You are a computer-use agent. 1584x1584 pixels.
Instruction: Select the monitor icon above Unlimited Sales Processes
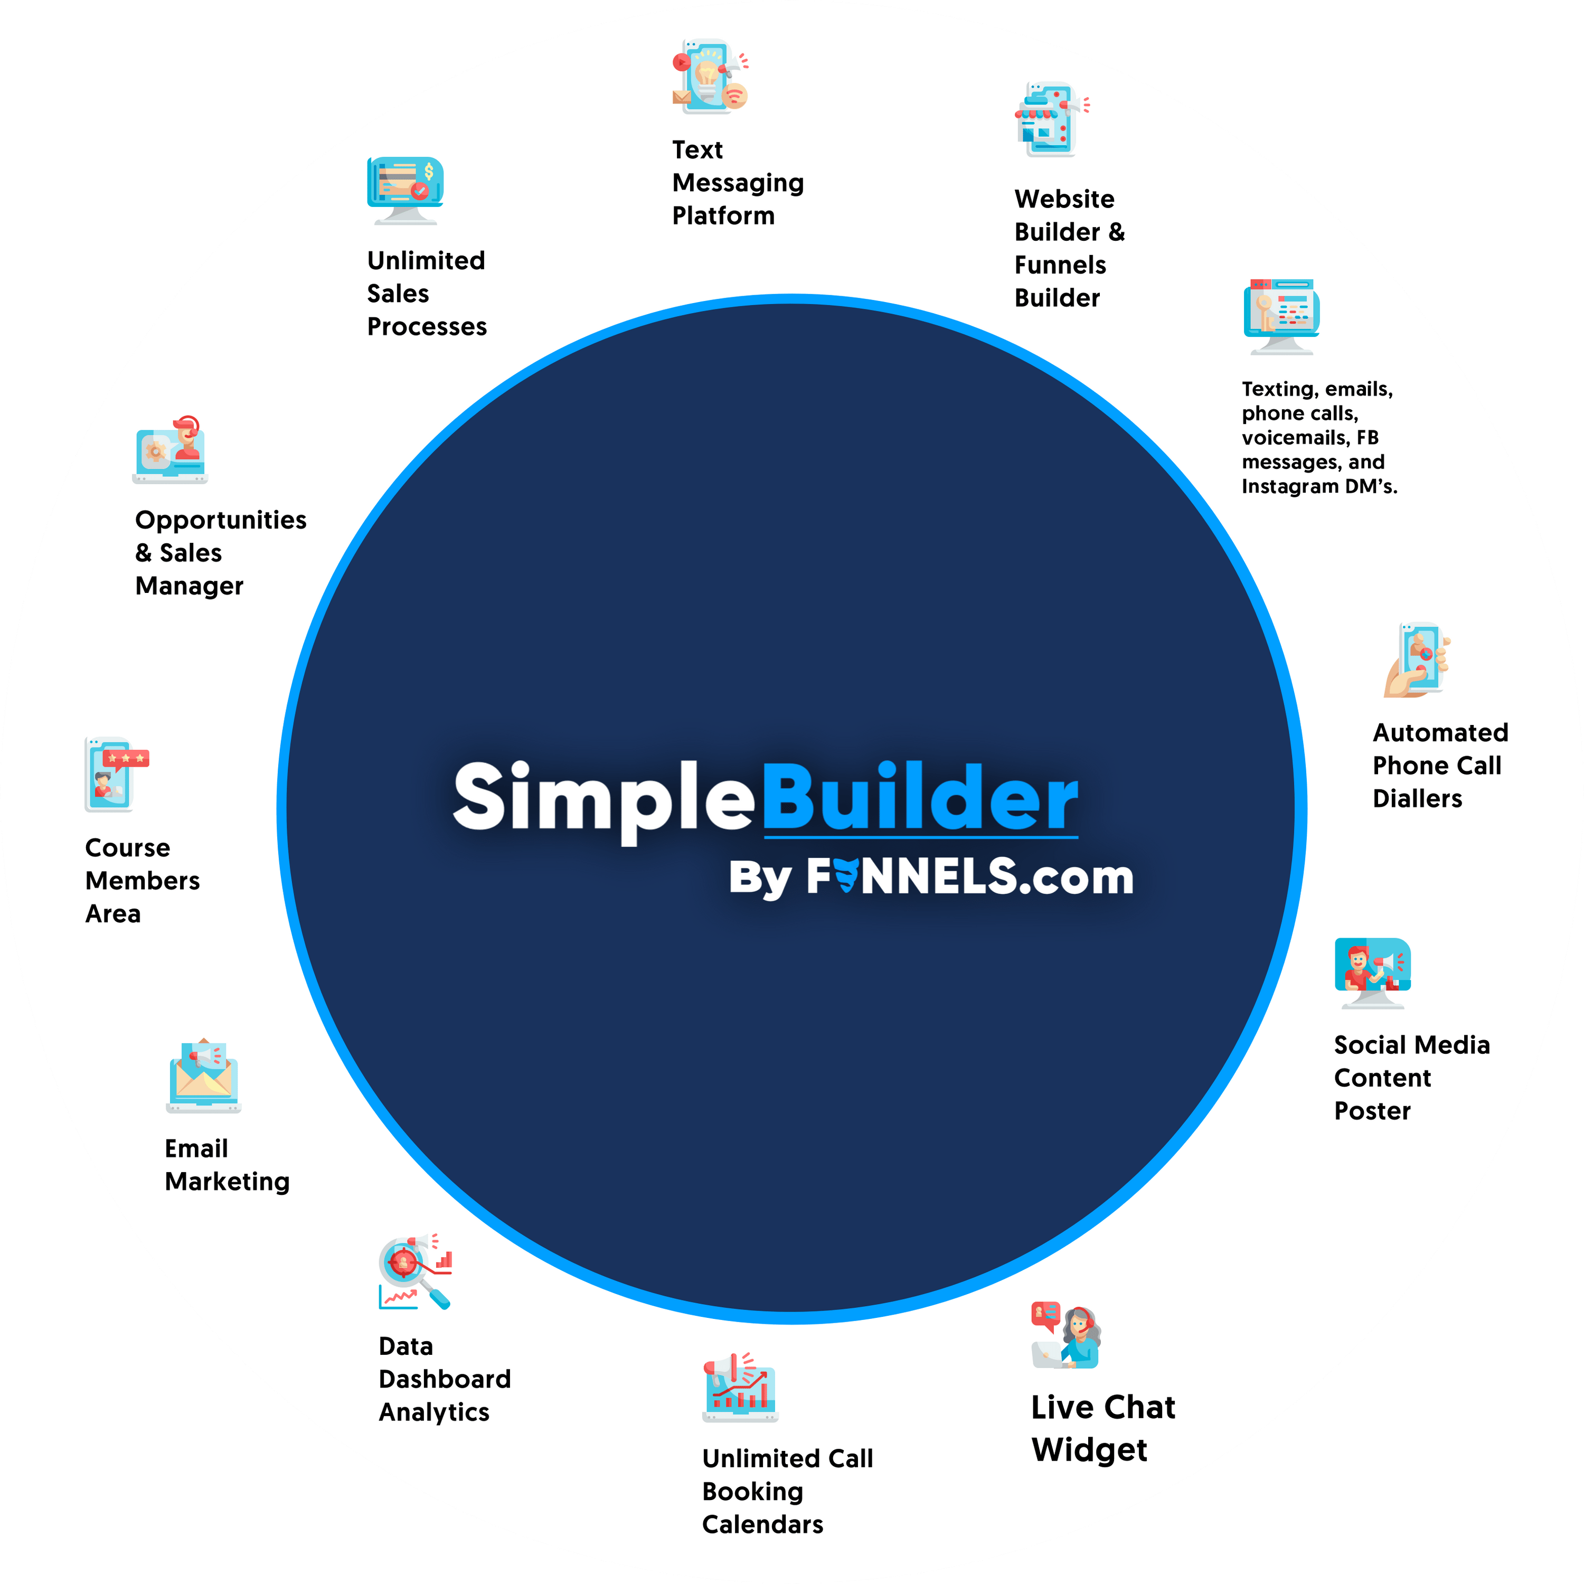[x=405, y=190]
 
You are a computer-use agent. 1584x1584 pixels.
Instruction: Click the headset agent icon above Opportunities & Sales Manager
[x=171, y=449]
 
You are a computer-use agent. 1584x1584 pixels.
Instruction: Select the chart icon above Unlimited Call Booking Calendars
[x=740, y=1387]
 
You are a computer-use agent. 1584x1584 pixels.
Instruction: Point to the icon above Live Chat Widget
[x=1066, y=1336]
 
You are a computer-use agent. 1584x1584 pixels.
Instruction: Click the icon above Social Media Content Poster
[x=1372, y=973]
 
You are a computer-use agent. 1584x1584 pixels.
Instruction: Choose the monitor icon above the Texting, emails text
[x=1280, y=316]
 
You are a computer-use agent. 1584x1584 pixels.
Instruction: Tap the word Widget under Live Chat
[x=1089, y=1449]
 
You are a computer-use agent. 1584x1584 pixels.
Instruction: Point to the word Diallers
[x=1417, y=798]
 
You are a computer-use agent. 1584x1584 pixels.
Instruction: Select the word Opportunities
[x=221, y=520]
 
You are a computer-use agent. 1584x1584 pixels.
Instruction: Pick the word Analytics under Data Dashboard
[x=433, y=1412]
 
